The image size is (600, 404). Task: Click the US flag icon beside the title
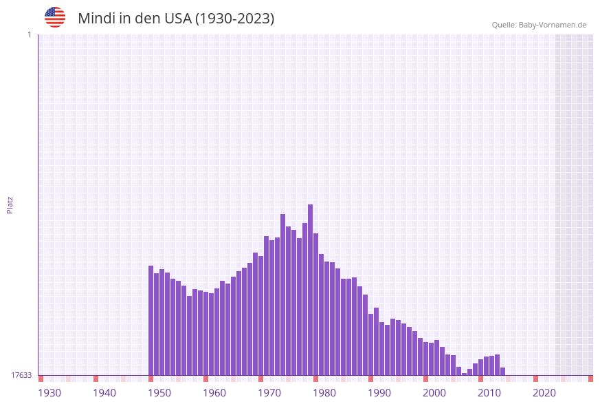click(55, 17)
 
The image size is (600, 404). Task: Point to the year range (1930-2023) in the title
click(234, 19)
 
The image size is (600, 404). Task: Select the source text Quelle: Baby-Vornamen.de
click(539, 25)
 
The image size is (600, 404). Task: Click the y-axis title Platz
click(10, 204)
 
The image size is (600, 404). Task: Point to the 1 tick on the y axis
click(29, 34)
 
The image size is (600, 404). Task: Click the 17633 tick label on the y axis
click(21, 375)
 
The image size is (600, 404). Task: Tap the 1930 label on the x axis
click(49, 393)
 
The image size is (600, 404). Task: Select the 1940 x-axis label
click(104, 393)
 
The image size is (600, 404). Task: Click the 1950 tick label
click(159, 393)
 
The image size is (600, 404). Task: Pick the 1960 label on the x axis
click(214, 393)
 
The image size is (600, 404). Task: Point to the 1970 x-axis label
click(269, 393)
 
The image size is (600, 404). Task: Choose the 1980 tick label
click(324, 393)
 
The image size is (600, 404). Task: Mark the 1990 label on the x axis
click(379, 393)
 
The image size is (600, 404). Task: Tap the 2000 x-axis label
click(434, 393)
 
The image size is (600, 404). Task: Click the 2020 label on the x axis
click(544, 393)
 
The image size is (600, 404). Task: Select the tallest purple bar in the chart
click(311, 289)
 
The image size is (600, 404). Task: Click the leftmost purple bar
click(151, 320)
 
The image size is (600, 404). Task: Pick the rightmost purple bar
click(503, 372)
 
